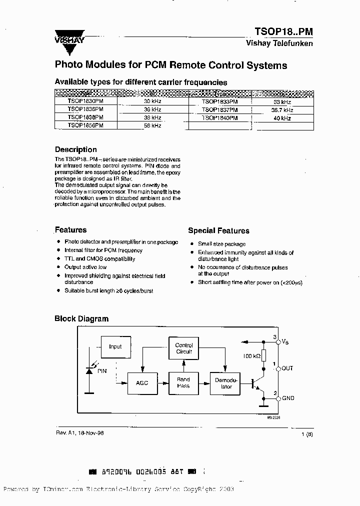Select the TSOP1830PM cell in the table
tap(85, 100)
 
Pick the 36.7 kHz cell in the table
tap(282, 109)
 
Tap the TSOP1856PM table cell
tap(85, 126)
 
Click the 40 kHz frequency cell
tap(282, 118)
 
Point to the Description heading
tap(75, 149)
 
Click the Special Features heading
tap(218, 230)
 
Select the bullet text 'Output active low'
tap(85, 267)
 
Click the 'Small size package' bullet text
tap(221, 244)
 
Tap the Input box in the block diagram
tap(115, 346)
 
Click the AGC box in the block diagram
tap(142, 382)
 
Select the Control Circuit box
tap(183, 348)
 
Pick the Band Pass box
tap(183, 382)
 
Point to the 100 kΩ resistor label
tap(251, 355)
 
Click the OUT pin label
tap(287, 368)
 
